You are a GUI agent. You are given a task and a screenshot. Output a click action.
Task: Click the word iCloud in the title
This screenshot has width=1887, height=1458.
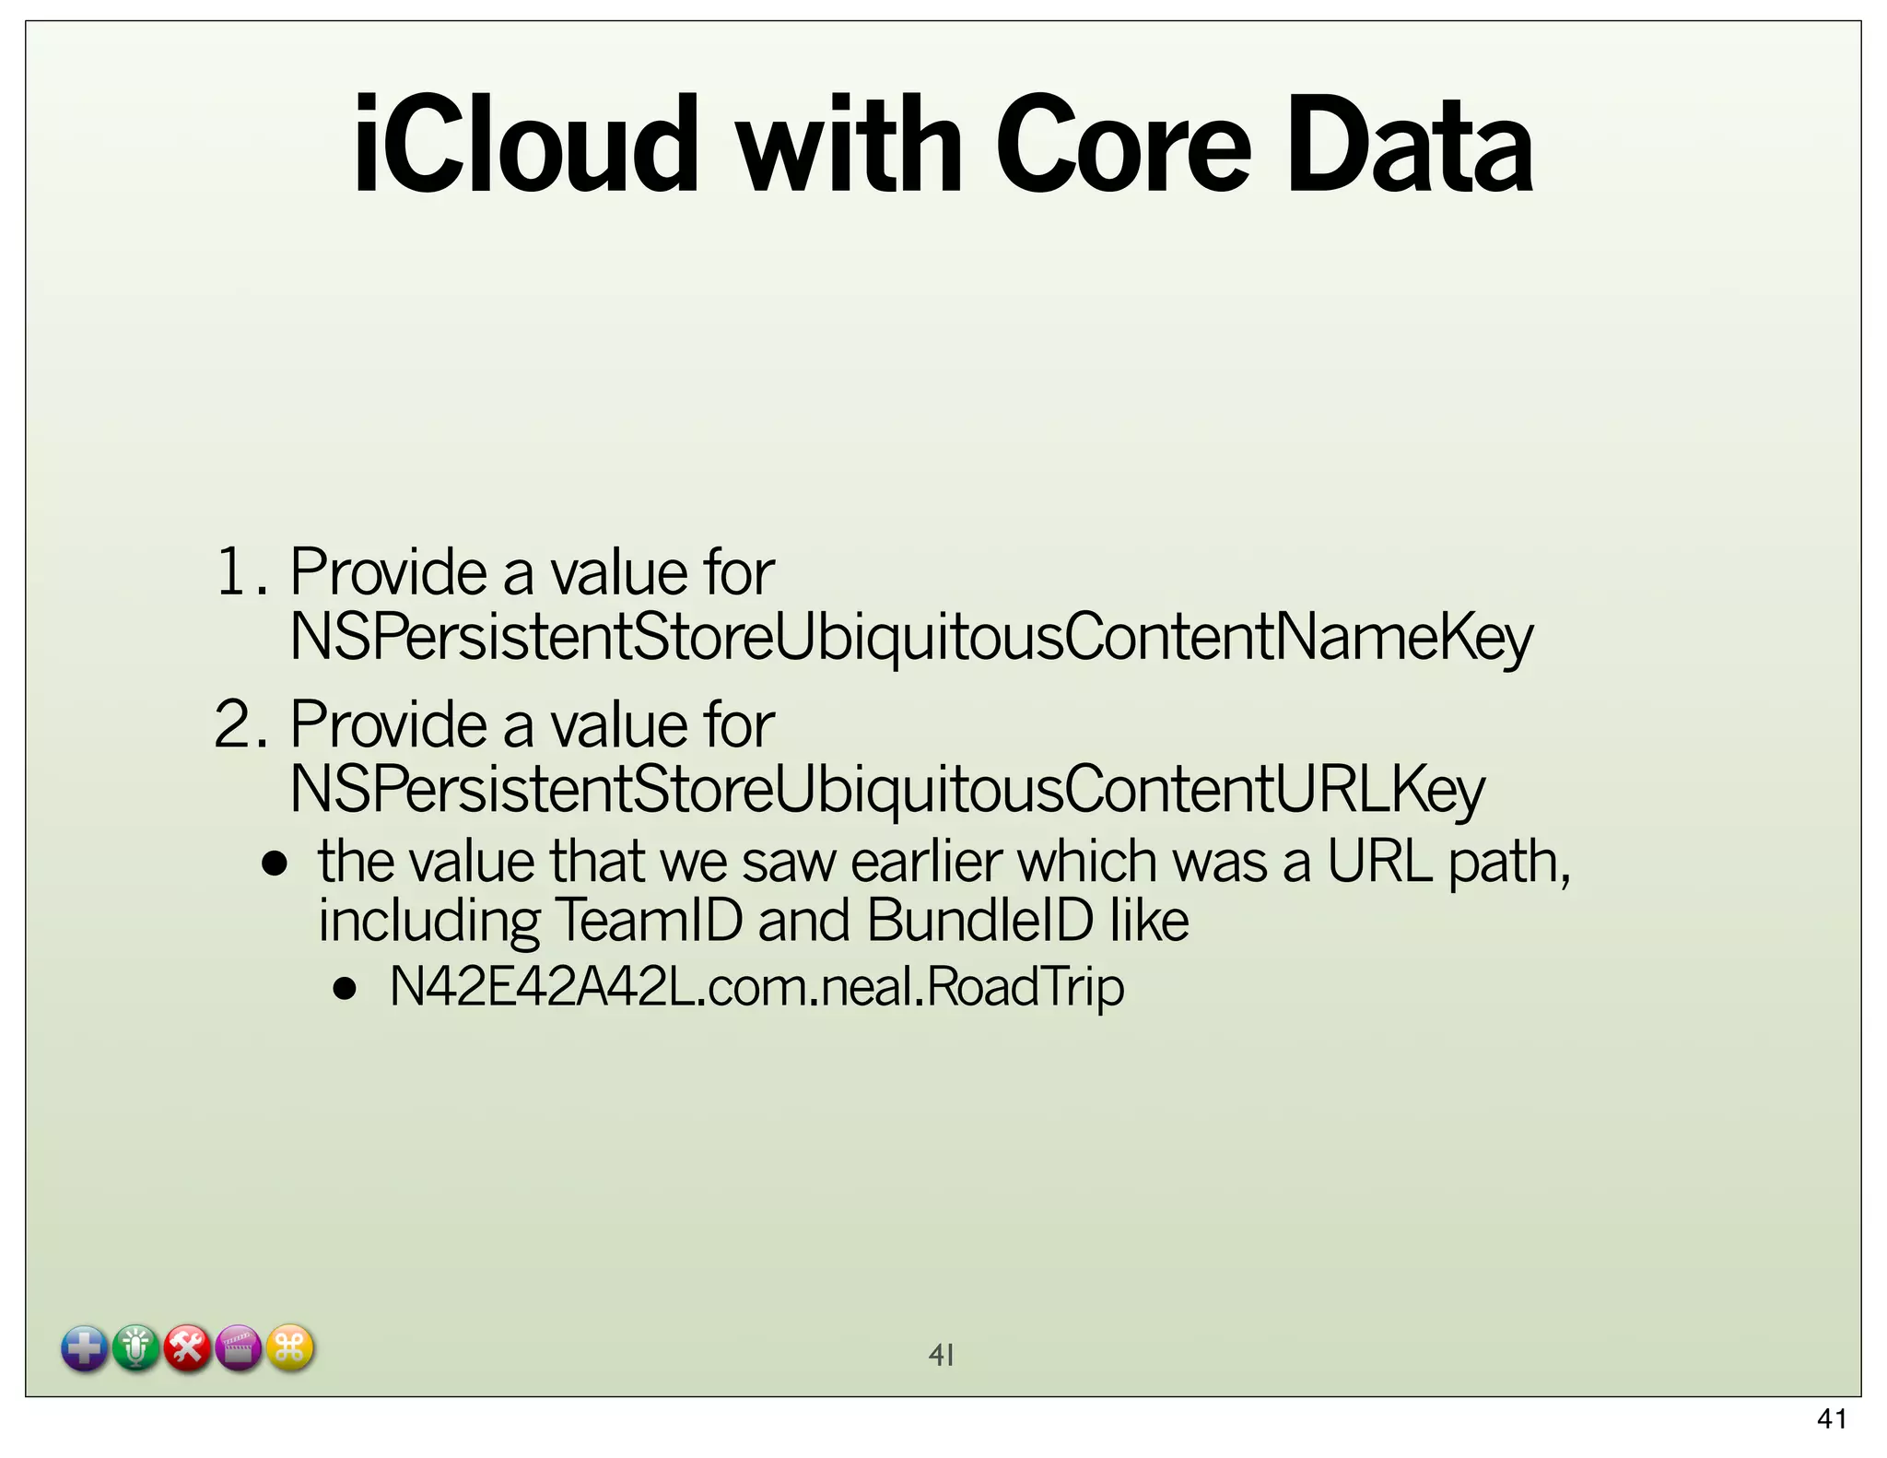(x=524, y=145)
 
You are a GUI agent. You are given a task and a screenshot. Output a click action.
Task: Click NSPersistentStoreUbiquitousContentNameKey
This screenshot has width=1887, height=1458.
(x=910, y=637)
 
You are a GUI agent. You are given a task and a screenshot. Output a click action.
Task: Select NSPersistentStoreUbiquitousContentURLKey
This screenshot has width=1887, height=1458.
(x=886, y=789)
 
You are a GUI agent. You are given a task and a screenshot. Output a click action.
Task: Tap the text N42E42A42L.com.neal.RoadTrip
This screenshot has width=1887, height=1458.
(x=756, y=987)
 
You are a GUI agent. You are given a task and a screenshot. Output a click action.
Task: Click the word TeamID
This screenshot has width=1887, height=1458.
(x=649, y=920)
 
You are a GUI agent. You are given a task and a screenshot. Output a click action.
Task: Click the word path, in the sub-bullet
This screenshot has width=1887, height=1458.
(x=1508, y=862)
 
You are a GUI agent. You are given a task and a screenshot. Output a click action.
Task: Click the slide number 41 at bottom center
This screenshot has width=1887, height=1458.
(x=941, y=1355)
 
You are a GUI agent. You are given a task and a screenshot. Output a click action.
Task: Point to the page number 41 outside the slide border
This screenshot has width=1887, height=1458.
(x=1832, y=1419)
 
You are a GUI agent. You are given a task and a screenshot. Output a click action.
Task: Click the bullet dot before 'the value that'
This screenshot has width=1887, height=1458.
(x=275, y=864)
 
